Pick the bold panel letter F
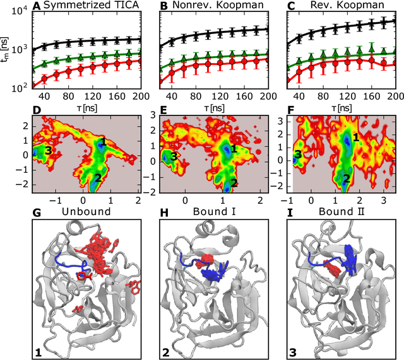292,112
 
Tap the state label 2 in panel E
233,183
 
